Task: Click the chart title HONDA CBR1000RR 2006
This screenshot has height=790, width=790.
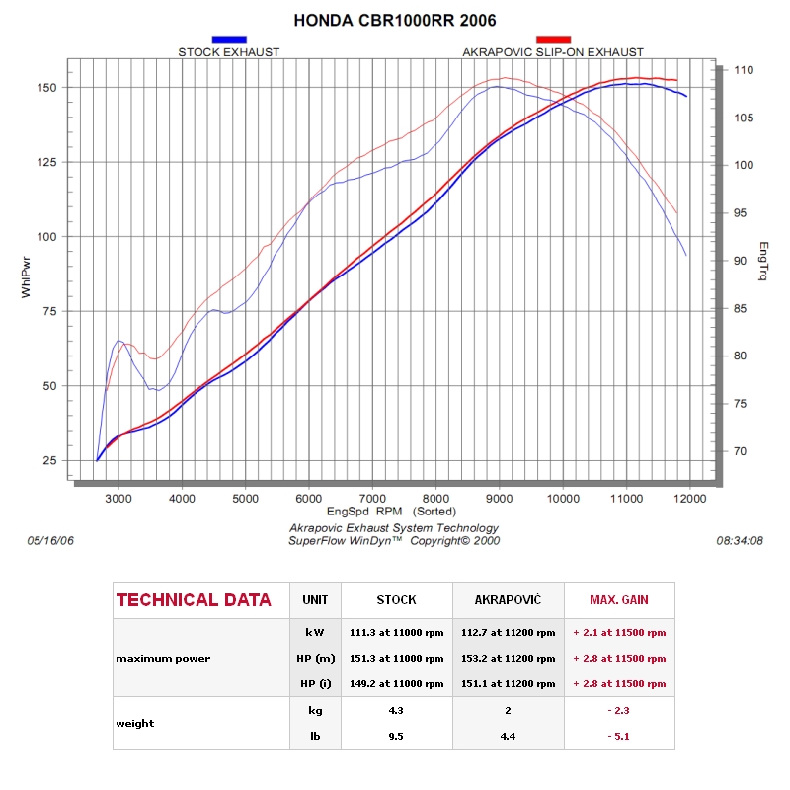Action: click(x=395, y=20)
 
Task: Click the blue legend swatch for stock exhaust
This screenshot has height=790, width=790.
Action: click(x=229, y=39)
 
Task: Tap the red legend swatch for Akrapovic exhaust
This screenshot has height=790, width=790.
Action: click(x=553, y=39)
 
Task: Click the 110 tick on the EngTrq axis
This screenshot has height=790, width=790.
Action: click(x=744, y=71)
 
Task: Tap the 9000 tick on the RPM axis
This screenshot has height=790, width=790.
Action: click(x=500, y=499)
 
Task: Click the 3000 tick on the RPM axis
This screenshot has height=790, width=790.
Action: click(x=118, y=499)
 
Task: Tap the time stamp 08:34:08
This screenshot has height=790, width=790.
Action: click(x=745, y=541)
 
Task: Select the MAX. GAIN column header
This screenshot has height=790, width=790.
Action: click(x=619, y=600)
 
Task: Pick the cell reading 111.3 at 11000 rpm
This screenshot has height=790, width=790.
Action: click(x=396, y=631)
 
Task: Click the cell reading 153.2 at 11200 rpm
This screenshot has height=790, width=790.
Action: click(x=508, y=658)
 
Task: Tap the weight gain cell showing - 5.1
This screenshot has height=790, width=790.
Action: click(x=619, y=735)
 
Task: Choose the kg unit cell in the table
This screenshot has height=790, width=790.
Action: click(x=315, y=709)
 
